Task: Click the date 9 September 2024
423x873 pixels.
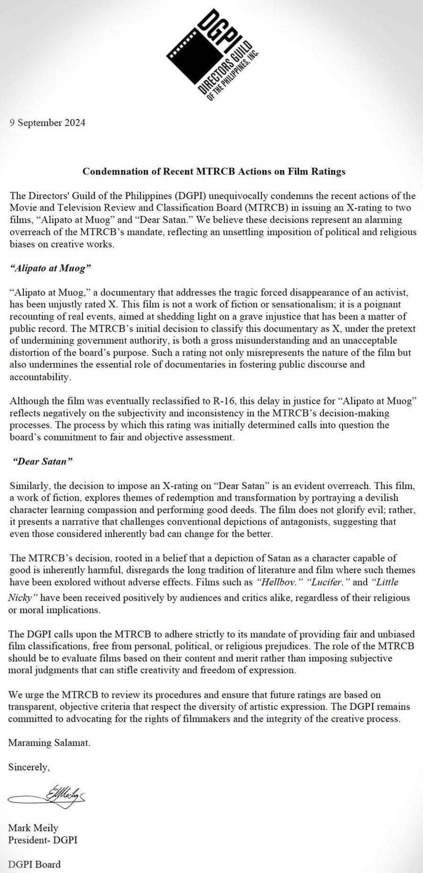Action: point(48,123)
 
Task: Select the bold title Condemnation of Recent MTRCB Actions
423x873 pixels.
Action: point(214,171)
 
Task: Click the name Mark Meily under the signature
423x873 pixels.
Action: point(33,828)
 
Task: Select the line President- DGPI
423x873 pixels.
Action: point(43,840)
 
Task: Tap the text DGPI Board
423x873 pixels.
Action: point(35,864)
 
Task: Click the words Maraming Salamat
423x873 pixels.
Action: point(49,743)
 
